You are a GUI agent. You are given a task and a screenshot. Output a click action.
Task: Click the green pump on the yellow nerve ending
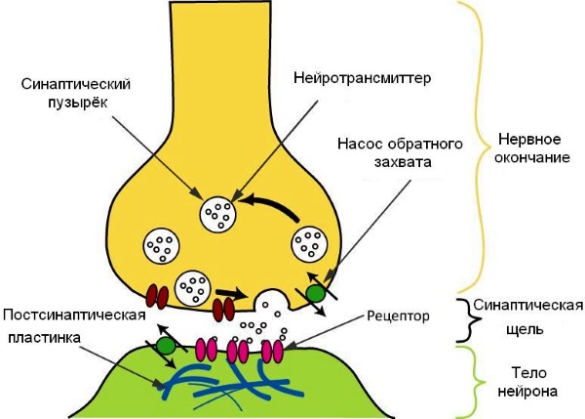pos(314,292)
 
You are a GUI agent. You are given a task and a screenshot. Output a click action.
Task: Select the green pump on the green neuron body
pos(167,345)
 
